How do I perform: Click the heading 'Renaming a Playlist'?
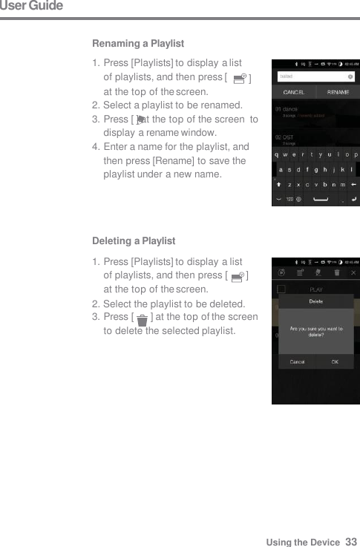pos(138,44)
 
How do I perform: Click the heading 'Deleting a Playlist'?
pos(134,241)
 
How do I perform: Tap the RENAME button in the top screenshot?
pos(338,93)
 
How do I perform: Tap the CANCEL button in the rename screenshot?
pos(293,93)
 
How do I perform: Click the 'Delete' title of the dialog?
pos(315,301)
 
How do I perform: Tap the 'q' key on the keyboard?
pos(278,154)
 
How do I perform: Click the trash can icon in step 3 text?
pos(142,320)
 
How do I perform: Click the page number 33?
pos(351,542)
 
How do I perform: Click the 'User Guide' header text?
pos(31,7)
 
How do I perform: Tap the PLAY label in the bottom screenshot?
pos(315,289)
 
